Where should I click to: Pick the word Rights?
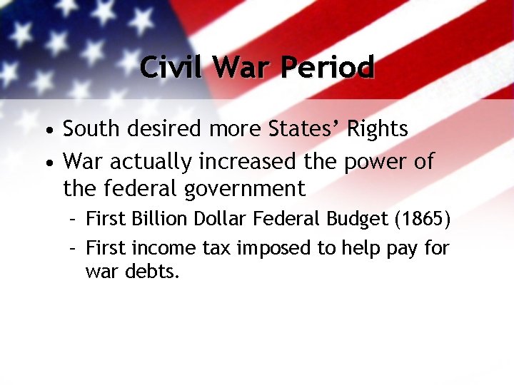[376, 130]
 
